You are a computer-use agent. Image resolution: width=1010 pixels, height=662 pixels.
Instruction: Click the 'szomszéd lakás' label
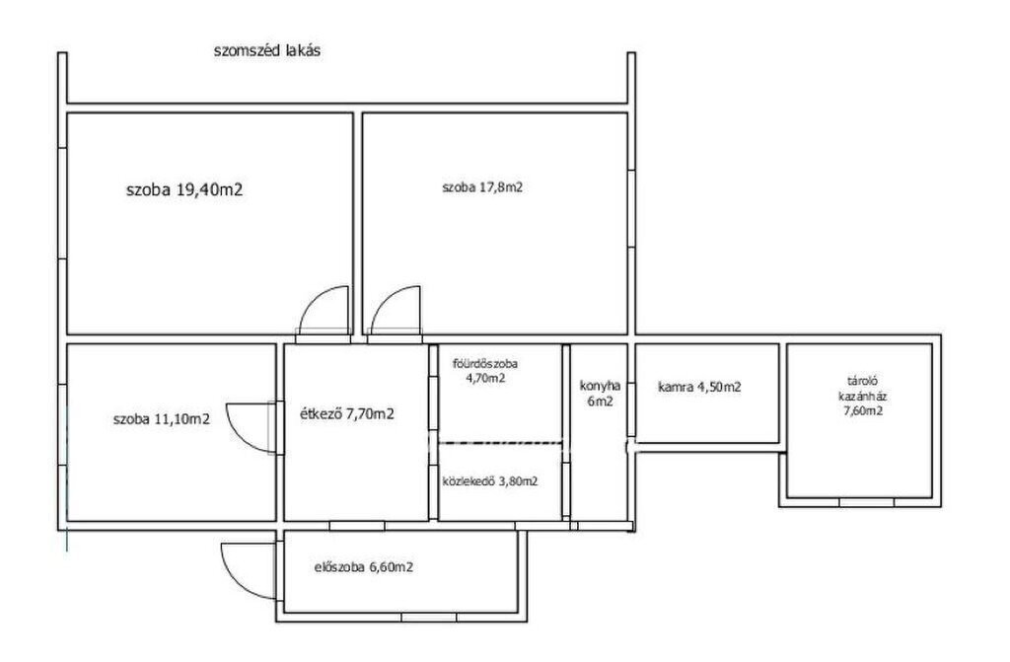click(266, 51)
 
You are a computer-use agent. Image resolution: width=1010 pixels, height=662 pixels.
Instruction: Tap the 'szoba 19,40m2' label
click(184, 190)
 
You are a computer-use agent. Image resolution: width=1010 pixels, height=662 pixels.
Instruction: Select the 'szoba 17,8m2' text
click(481, 187)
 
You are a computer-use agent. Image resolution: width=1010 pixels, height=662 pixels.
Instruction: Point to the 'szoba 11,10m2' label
click(161, 419)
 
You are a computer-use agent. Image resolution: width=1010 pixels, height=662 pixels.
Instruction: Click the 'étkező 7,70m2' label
click(347, 413)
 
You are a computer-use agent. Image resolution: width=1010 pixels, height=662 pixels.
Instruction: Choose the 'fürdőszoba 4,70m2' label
click(485, 371)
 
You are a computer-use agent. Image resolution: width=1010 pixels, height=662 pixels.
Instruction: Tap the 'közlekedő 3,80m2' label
click(490, 481)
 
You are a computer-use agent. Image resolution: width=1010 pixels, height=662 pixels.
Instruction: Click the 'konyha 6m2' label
click(601, 394)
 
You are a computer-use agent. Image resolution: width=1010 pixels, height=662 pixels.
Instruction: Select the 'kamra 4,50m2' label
click(699, 387)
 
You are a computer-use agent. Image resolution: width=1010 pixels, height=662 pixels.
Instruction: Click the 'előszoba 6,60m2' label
click(364, 568)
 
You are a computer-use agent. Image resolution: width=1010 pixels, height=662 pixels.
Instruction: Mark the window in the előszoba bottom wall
click(429, 618)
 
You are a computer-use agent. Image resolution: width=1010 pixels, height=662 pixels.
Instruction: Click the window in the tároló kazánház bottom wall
click(867, 502)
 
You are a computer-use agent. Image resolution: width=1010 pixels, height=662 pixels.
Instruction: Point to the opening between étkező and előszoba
click(357, 526)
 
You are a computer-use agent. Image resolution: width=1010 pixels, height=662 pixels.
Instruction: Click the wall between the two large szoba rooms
click(357, 224)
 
